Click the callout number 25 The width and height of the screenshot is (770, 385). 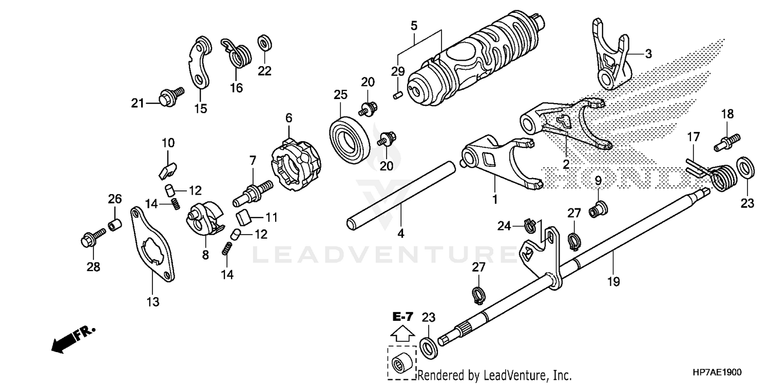(340, 95)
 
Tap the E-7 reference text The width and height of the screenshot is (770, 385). (402, 317)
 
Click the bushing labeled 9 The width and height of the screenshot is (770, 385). (598, 208)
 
